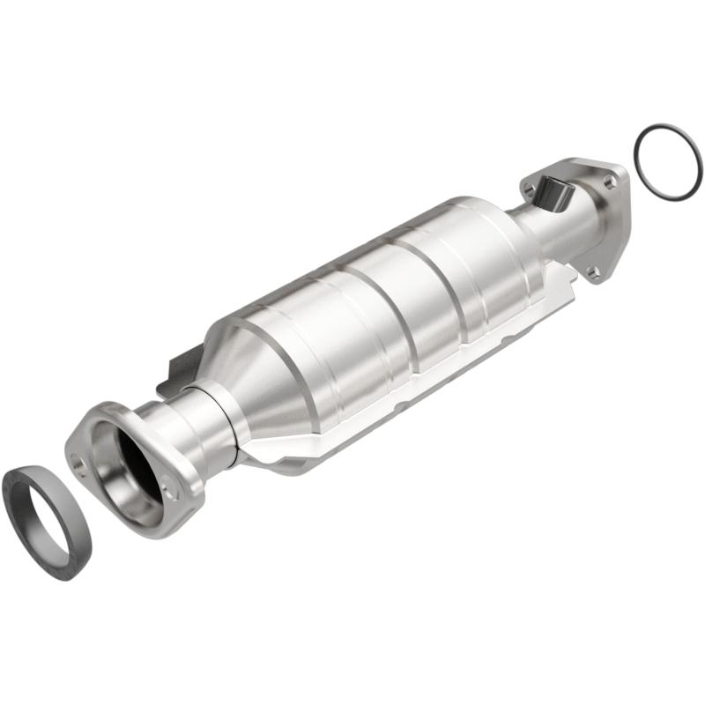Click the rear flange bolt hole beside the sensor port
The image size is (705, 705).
click(529, 188)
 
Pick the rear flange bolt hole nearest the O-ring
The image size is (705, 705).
click(608, 182)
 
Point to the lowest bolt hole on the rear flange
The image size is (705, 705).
click(596, 274)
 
